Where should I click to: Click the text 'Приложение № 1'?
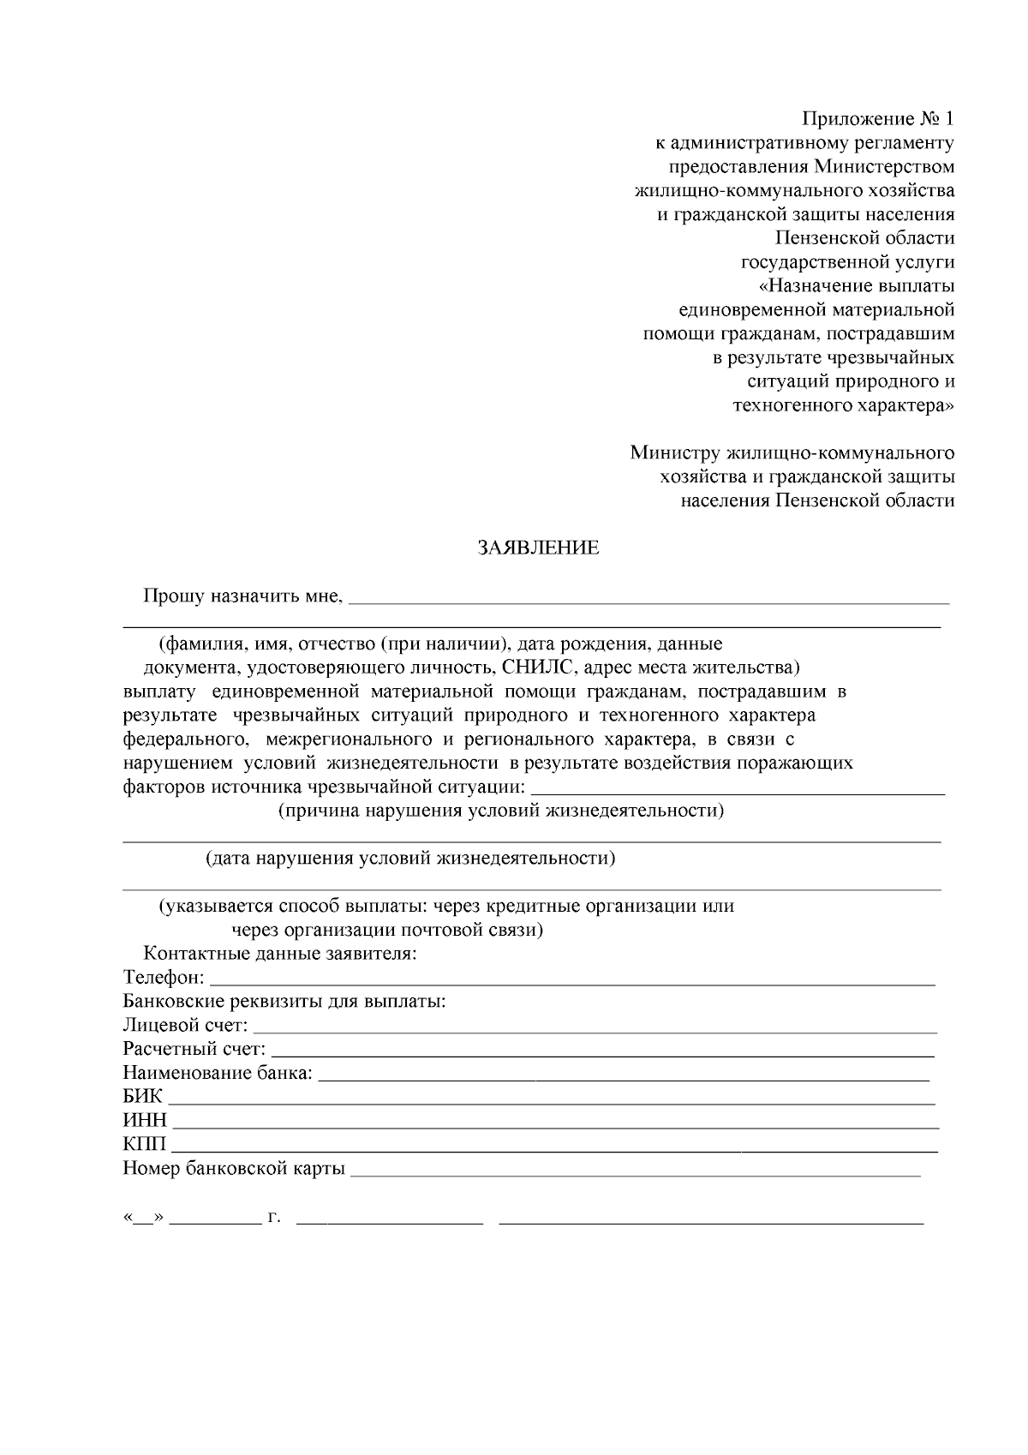877,118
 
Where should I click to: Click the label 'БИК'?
142,1097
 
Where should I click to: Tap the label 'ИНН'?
145,1121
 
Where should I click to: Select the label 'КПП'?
145,1145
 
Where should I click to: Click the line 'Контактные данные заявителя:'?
280,954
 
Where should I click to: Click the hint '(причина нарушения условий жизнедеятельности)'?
501,811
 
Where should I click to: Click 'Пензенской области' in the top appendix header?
864,237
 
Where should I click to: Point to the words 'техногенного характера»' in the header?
843,405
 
